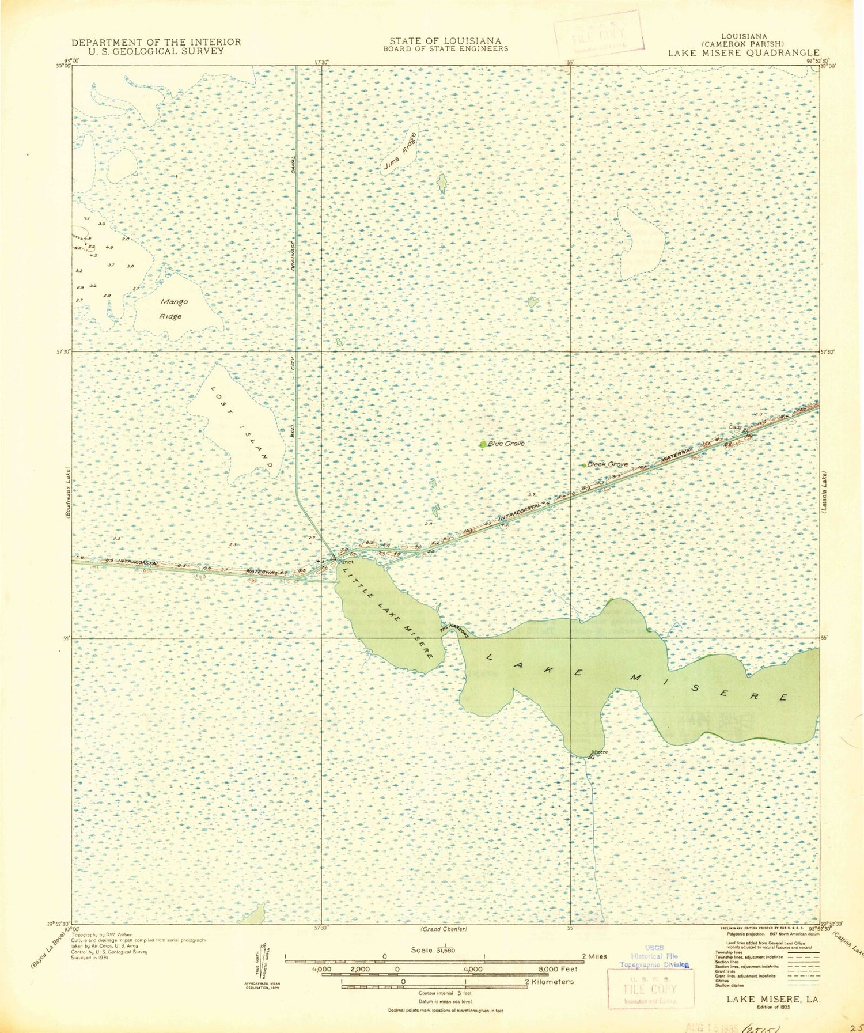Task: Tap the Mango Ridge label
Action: point(173,309)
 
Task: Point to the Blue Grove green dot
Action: point(483,444)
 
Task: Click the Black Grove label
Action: point(607,464)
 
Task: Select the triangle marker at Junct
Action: point(332,558)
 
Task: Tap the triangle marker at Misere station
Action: point(590,756)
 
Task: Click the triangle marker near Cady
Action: point(745,431)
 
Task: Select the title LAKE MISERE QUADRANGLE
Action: point(743,53)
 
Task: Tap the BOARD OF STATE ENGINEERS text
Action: point(445,49)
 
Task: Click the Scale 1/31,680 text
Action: point(433,950)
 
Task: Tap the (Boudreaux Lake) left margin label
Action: point(68,493)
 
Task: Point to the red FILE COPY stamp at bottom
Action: point(651,989)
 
